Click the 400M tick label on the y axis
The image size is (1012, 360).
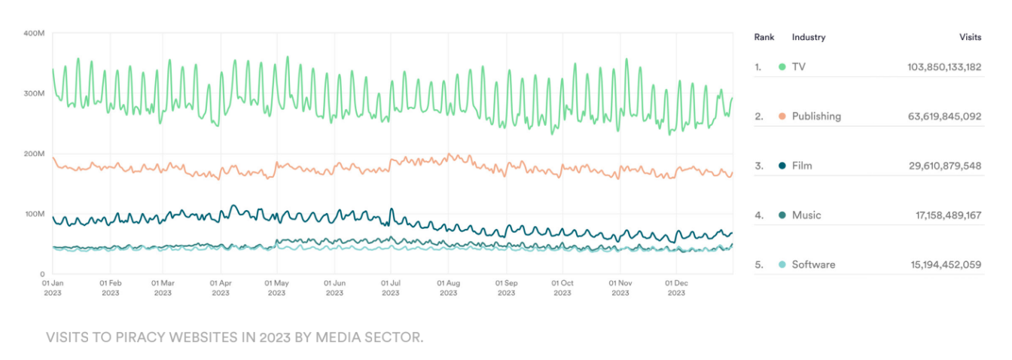point(35,33)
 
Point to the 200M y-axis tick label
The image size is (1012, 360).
point(35,154)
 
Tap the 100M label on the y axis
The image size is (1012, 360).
point(35,214)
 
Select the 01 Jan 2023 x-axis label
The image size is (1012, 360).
point(53,288)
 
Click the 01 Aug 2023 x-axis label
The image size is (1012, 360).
point(448,288)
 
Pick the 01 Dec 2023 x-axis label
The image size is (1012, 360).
point(676,288)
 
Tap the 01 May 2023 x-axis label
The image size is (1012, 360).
point(277,288)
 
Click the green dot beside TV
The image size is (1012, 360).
point(782,67)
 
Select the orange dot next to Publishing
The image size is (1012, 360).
point(782,116)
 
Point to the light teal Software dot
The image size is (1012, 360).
point(782,264)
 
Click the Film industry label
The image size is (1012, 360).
point(801,166)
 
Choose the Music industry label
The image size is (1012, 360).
point(806,215)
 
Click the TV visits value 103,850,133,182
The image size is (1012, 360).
point(944,67)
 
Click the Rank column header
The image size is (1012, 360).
point(764,37)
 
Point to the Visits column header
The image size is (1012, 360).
point(970,37)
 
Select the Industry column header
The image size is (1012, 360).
point(808,37)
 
